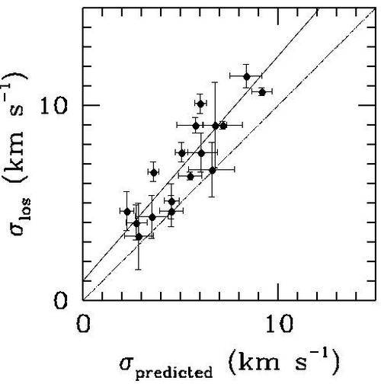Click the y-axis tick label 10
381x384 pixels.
(x=53, y=105)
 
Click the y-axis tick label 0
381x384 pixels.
(x=60, y=300)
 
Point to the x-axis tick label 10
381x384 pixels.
(x=280, y=324)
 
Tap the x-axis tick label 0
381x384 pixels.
(x=83, y=324)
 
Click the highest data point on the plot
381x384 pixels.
(x=247, y=76)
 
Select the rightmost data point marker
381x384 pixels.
(x=262, y=92)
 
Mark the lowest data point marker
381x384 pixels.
(x=139, y=237)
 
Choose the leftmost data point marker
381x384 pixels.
(x=127, y=211)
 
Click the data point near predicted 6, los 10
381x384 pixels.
(x=200, y=104)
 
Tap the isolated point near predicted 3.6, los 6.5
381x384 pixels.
(x=153, y=173)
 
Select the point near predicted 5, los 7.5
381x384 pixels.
(x=181, y=153)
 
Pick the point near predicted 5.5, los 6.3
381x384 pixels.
(x=190, y=176)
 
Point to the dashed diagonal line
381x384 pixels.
(x=229, y=154)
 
